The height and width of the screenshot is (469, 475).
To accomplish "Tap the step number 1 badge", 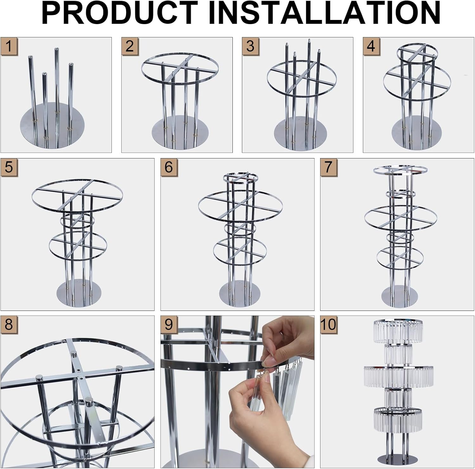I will click(9, 46).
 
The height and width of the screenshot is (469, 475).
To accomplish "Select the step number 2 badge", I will click(130, 46).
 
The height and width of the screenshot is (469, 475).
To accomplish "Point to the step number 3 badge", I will click(250, 46).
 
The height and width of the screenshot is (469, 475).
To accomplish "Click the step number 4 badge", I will click(371, 46).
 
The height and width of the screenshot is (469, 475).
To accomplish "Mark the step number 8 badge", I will click(9, 324).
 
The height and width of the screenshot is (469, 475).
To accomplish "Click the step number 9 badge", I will click(169, 324).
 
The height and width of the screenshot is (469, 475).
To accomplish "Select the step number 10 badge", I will click(328, 324).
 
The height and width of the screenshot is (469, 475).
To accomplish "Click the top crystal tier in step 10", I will click(398, 331).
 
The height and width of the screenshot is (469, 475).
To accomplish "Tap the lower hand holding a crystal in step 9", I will click(253, 415).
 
